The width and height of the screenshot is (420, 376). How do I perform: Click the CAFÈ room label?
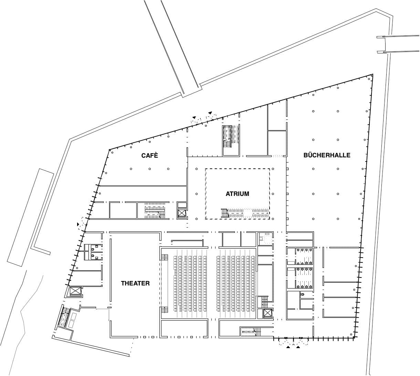tap(149, 156)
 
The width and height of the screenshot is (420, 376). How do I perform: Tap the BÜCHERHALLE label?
tap(327, 155)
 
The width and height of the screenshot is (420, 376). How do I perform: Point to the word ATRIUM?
tap(237, 194)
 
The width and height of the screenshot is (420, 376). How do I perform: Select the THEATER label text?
tap(135, 283)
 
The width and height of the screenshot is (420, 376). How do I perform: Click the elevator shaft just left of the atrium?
tap(182, 213)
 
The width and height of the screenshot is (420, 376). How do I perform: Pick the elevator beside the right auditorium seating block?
tap(267, 313)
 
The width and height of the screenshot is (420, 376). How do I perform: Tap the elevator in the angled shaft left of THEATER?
tap(75, 291)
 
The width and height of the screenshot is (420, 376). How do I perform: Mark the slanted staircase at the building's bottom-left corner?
tap(64, 317)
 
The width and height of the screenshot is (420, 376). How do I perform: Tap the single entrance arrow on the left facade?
tap(78, 224)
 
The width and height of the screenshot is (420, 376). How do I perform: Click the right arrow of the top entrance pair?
tap(210, 113)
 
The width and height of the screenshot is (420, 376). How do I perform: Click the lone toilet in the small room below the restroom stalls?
tap(302, 294)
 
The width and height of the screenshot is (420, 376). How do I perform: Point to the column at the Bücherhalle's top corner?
tap(369, 79)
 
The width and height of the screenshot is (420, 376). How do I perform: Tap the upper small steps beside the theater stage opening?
tap(164, 258)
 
